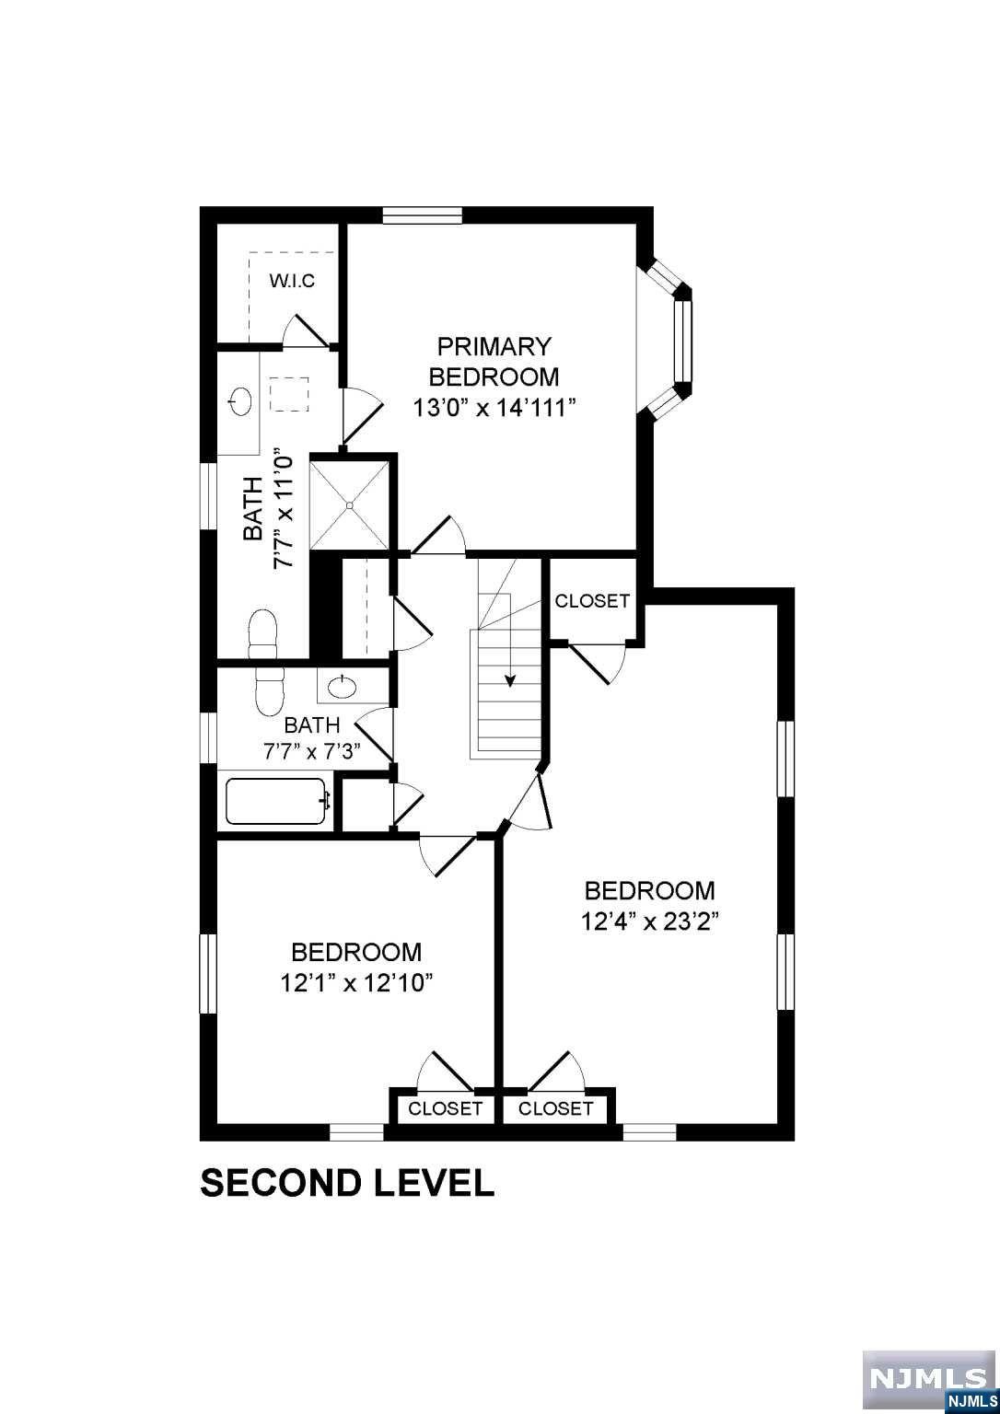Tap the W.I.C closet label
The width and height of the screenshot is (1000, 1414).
click(x=292, y=281)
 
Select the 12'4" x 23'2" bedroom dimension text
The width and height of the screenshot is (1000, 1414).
click(x=649, y=921)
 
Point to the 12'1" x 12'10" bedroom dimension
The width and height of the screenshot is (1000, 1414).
click(x=356, y=983)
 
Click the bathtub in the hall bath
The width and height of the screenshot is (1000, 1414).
click(x=277, y=802)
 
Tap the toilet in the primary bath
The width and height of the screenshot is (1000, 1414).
click(x=262, y=634)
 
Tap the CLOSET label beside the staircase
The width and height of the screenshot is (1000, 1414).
click(x=592, y=601)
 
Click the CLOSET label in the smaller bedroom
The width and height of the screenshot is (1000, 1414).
click(x=445, y=1108)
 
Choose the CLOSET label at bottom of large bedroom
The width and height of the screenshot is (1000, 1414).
click(x=555, y=1108)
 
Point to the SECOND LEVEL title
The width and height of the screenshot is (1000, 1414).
click(x=347, y=1183)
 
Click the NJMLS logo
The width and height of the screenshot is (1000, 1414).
click(x=929, y=1380)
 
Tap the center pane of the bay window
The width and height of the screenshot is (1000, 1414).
click(x=681, y=341)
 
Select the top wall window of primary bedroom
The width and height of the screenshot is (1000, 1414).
click(x=422, y=215)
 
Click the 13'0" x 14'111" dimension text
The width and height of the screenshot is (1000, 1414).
click(x=494, y=407)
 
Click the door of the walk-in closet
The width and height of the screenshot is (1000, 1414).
click(x=307, y=332)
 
